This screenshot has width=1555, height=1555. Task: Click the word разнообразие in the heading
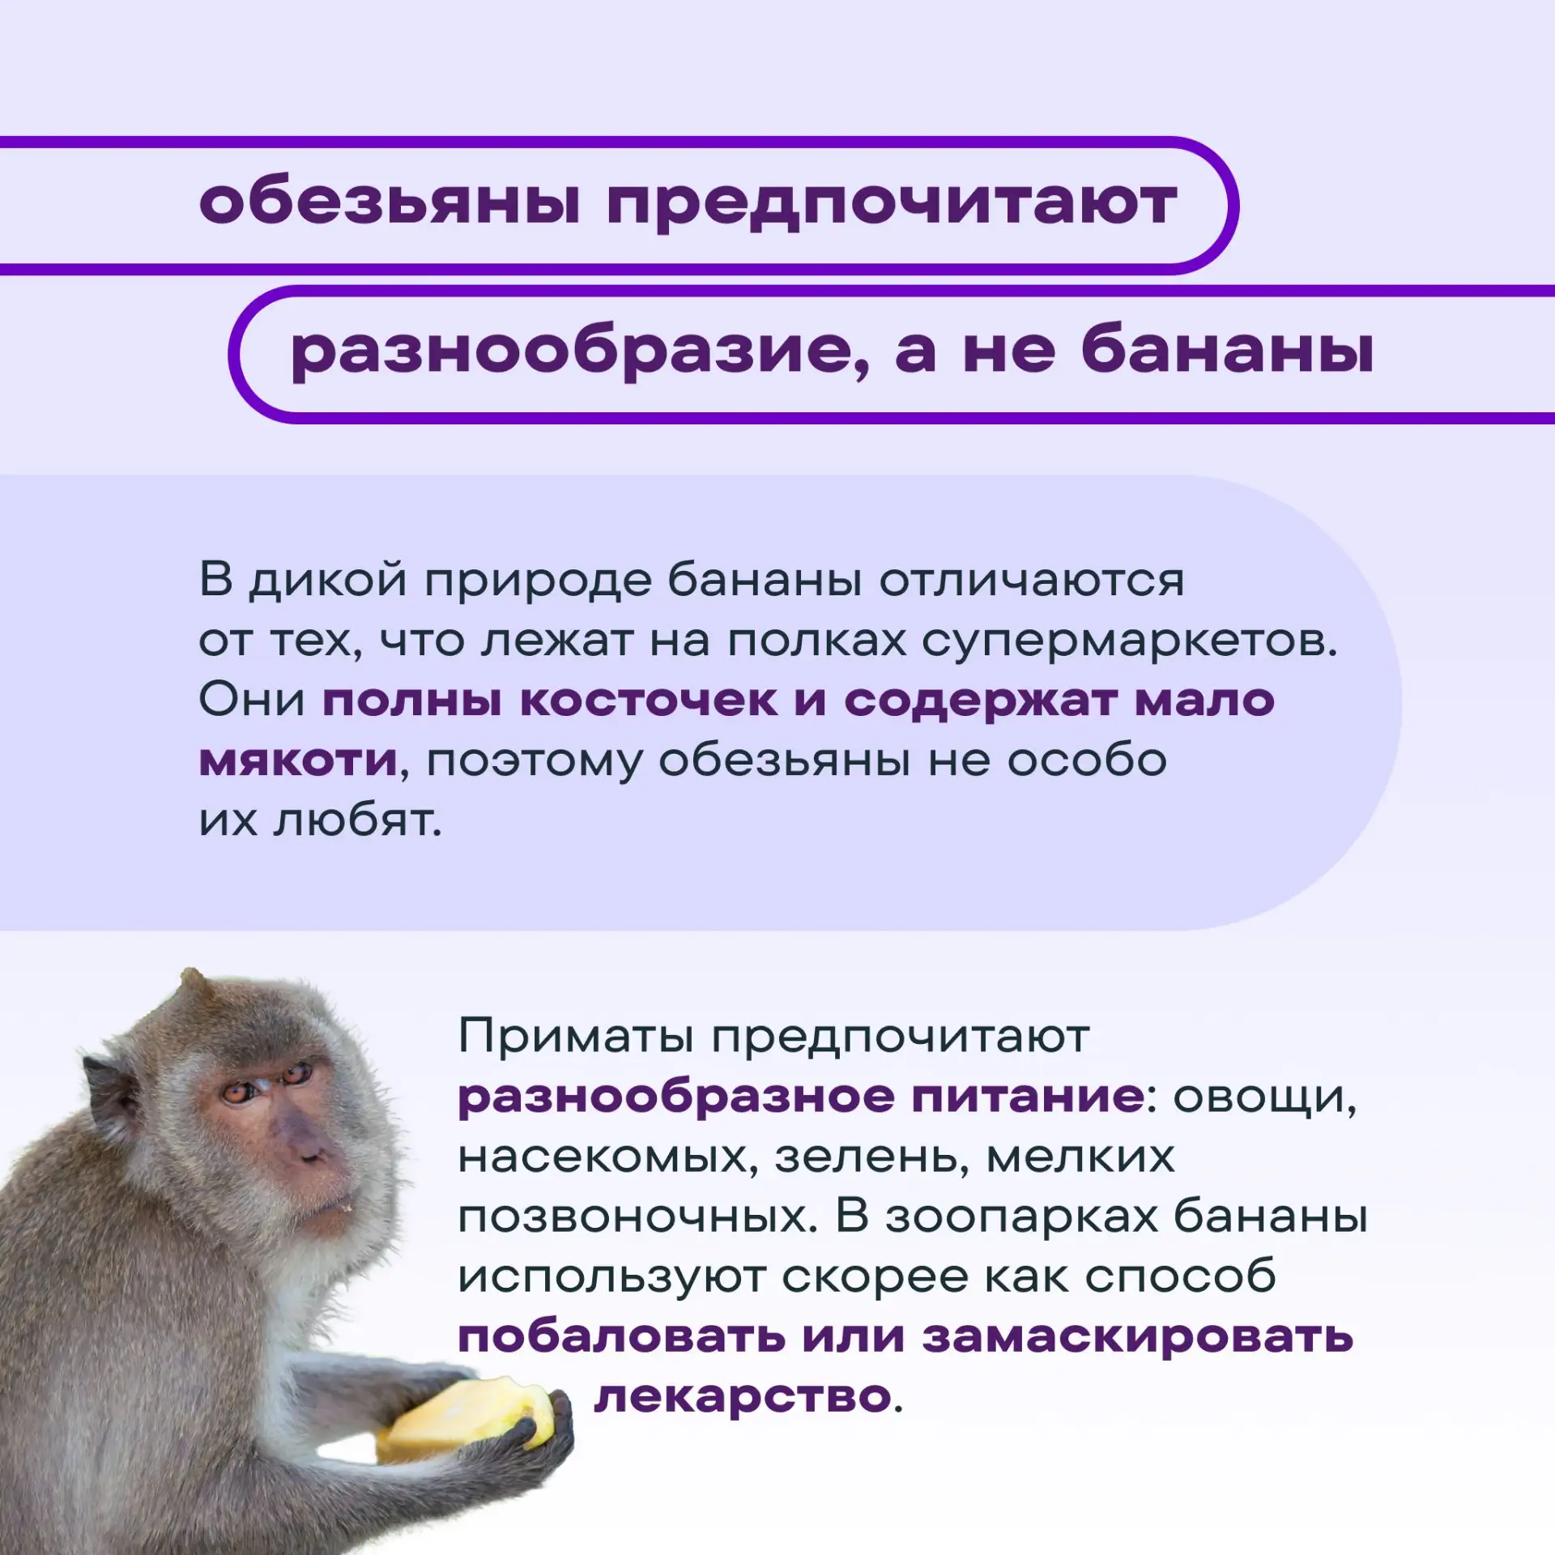point(580,351)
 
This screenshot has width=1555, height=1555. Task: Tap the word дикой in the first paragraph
point(327,582)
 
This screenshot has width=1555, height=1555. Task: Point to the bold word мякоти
point(299,760)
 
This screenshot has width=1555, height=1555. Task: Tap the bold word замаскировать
point(1138,1337)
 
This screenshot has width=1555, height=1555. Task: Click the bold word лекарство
point(743,1397)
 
